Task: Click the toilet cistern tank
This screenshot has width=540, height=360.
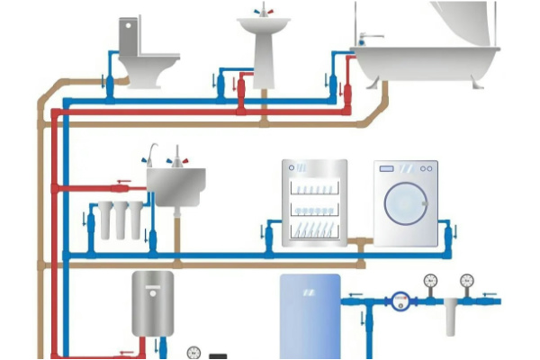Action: (x=131, y=37)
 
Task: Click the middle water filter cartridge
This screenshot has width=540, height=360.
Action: (x=119, y=220)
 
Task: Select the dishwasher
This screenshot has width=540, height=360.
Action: (x=314, y=203)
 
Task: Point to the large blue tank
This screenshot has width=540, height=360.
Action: (x=310, y=316)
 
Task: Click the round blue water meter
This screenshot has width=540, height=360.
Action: (x=400, y=300)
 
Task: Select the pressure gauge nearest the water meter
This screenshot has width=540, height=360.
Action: (x=429, y=281)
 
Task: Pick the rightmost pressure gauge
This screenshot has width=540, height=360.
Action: (x=466, y=281)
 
